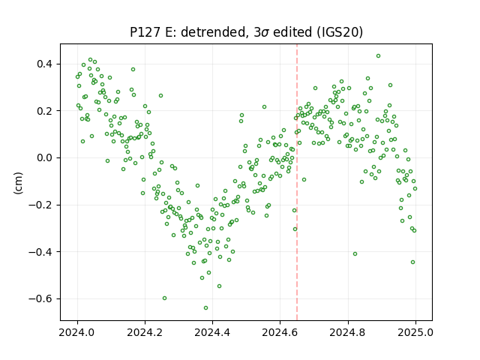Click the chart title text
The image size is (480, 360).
click(x=246, y=32)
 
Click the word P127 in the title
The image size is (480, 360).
click(x=145, y=32)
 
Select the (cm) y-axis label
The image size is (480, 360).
click(x=18, y=183)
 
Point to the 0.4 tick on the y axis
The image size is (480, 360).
click(x=45, y=64)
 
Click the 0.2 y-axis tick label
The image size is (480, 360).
click(x=45, y=111)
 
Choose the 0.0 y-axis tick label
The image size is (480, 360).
click(x=45, y=158)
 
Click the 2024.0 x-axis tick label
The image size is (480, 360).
click(x=77, y=332)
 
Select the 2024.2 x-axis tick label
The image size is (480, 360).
click(x=145, y=332)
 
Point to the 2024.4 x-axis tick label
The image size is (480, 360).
click(x=212, y=332)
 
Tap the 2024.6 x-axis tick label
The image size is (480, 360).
click(x=280, y=332)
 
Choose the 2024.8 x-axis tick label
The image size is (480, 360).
click(x=348, y=332)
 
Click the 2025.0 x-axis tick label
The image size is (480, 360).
click(x=415, y=332)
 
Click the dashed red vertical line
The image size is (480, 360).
click(x=297, y=182)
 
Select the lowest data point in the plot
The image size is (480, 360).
click(x=205, y=307)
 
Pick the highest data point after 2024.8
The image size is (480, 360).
click(x=378, y=56)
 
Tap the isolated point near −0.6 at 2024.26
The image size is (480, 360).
click(x=164, y=298)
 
